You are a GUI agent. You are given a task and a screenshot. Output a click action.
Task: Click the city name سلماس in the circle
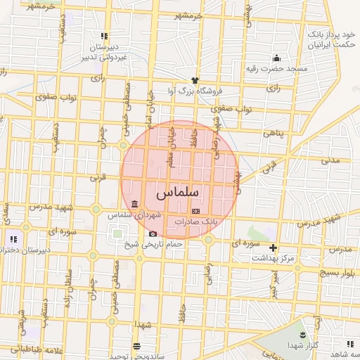pos(178,191)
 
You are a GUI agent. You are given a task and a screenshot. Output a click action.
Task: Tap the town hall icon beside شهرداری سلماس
pos(134,204)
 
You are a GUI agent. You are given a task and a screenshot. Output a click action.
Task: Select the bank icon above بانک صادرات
pos(195,211)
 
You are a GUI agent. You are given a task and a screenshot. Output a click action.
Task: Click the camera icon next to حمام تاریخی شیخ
pos(153,233)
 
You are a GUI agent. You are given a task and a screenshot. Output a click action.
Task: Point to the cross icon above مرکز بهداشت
pos(274,247)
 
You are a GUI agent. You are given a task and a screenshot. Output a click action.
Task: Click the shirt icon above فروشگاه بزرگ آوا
pos(195,79)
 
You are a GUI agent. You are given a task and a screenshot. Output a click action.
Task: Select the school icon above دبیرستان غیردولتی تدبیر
pos(104,35)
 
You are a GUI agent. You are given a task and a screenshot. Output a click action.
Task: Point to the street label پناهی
pos(274,133)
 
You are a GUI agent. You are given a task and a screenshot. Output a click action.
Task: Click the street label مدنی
pos(330,160)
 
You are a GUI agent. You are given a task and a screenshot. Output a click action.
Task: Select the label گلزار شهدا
pos(303,345)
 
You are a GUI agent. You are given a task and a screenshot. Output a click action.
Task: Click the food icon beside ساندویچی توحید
pos(136,346)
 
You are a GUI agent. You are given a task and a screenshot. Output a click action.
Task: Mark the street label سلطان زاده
pos(68,285)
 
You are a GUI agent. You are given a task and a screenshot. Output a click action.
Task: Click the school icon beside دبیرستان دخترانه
pos(13,240)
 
